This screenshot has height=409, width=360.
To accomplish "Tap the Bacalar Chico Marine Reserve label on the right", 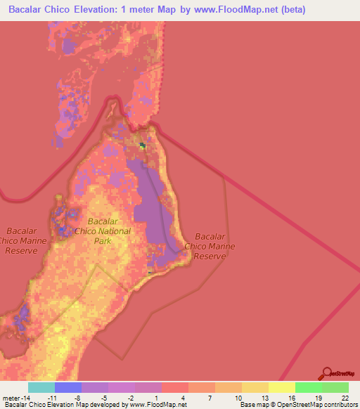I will click(209, 247).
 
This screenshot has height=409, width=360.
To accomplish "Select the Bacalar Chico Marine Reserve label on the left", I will click(25, 240).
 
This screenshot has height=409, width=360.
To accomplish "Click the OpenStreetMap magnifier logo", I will click(327, 372).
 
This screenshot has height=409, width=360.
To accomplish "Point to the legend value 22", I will click(344, 397).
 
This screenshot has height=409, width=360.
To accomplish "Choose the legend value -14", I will click(26, 397).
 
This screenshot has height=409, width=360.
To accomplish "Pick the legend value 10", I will click(237, 397).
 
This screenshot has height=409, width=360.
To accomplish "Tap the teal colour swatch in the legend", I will click(41, 387).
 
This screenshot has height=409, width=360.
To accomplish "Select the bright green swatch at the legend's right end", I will click(335, 387).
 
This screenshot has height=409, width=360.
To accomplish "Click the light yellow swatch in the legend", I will click(282, 387).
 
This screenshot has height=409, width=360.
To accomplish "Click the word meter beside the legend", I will click(9, 397).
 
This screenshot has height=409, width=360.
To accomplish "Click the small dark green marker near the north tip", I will click(143, 145).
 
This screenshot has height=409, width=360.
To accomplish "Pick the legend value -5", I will click(103, 397).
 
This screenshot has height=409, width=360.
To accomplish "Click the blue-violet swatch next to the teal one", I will click(68, 387).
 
